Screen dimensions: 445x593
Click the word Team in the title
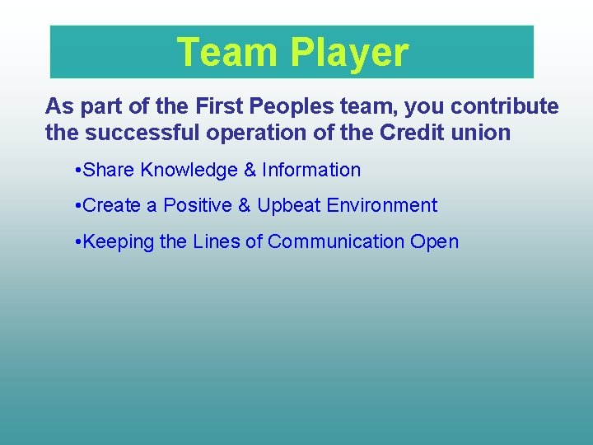[227, 52]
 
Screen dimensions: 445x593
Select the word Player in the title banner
[348, 52]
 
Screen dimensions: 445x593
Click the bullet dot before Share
[77, 171]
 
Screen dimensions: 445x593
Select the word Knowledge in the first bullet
[189, 171]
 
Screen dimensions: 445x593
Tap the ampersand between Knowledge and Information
[250, 171]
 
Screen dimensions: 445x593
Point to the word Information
[311, 171]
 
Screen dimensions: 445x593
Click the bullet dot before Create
[77, 206]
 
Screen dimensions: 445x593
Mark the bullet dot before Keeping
[77, 242]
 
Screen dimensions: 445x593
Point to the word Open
[434, 242]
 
